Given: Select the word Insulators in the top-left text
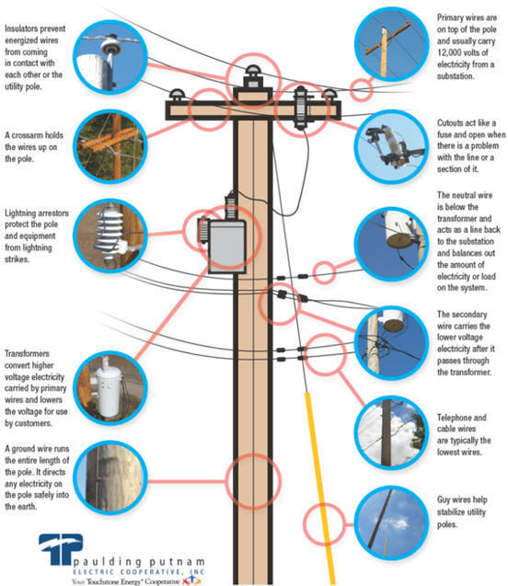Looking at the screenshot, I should [27, 29].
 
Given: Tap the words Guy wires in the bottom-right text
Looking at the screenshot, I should [456, 498].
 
